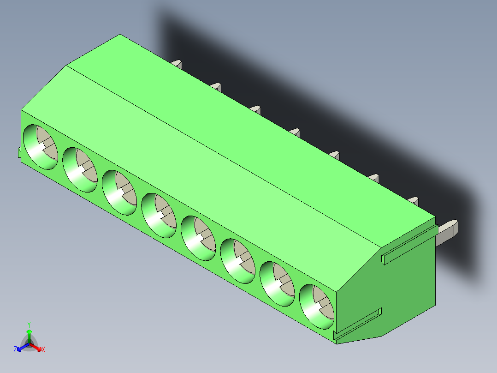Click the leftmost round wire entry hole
[x=41, y=147]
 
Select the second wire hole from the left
[x=80, y=169]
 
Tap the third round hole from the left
[x=119, y=193]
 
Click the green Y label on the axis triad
[x=29, y=324]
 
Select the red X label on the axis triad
[x=43, y=349]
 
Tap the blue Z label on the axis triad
[x=15, y=349]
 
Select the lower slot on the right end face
[x=358, y=326]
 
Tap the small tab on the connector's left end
[x=19, y=152]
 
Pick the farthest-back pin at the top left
[x=176, y=63]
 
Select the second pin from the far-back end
[x=216, y=86]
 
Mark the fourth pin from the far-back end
[x=295, y=132]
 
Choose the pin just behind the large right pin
[x=413, y=201]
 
